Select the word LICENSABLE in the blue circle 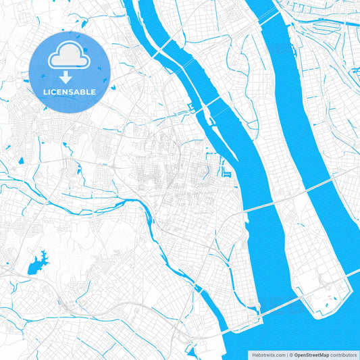point(70,91)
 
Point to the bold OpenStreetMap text point(311,354)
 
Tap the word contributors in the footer point(342,354)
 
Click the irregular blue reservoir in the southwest point(38,263)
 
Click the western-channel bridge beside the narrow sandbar point(211,101)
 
